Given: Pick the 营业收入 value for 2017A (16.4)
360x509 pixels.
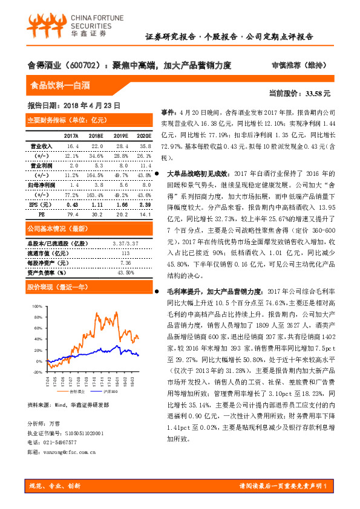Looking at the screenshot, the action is click(x=73, y=146).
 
